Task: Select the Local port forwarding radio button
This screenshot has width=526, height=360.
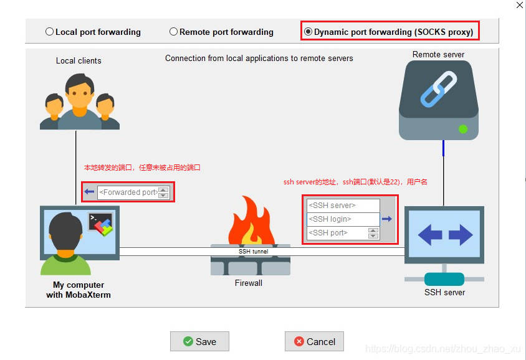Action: pos(50,32)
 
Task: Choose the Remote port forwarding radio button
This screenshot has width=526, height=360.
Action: pos(174,32)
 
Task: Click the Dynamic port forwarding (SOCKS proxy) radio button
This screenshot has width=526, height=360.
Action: pos(308,32)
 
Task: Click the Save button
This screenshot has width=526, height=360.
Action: pos(199,341)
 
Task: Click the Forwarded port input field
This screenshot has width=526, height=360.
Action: pos(127,192)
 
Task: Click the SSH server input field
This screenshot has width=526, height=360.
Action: pos(343,206)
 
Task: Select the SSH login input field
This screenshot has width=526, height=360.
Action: pos(343,219)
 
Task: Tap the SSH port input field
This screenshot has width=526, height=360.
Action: pos(337,233)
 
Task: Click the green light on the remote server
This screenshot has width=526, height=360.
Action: pos(463,129)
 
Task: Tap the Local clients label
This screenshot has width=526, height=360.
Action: pos(79,60)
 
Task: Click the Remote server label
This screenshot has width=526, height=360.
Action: pos(438,54)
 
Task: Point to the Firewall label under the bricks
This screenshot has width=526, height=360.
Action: pos(249,283)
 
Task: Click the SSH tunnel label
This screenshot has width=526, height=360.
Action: pos(253,252)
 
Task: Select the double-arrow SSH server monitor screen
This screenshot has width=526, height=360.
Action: pos(444,235)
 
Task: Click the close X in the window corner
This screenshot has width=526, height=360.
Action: pos(520,5)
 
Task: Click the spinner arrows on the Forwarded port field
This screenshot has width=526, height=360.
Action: pos(163,192)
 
